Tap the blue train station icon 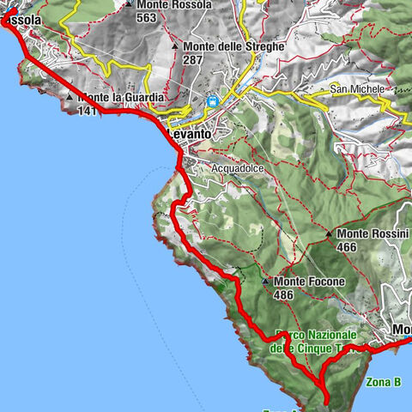pyautogui.click(x=211, y=101)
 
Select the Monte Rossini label pyautogui.click(x=372, y=233)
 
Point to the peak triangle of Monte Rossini pyautogui.click(x=329, y=233)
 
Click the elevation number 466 pyautogui.click(x=348, y=247)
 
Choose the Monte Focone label pyautogui.click(x=309, y=282)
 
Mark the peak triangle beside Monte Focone pyautogui.click(x=265, y=282)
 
